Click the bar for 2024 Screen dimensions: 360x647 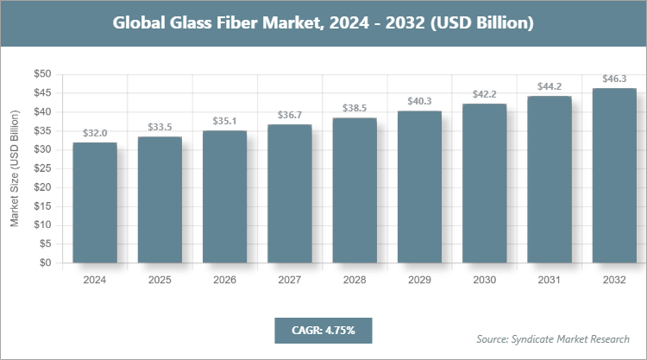pyautogui.click(x=94, y=204)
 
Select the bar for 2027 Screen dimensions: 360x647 pyautogui.click(x=289, y=194)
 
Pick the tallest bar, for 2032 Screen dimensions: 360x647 pyautogui.click(x=614, y=176)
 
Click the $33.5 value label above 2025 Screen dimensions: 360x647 pyautogui.click(x=160, y=128)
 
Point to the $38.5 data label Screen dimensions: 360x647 pyautogui.click(x=355, y=109)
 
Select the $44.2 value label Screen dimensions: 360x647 pyautogui.click(x=550, y=86)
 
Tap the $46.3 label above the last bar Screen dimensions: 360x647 pyautogui.click(x=614, y=79)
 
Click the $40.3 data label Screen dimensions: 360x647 pyautogui.click(x=419, y=102)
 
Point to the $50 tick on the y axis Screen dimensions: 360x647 pyautogui.click(x=41, y=74)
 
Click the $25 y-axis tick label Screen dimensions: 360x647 pyautogui.click(x=41, y=169)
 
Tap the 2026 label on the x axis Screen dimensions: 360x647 pyautogui.click(x=224, y=281)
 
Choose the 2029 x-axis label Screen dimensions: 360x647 pyautogui.click(x=419, y=281)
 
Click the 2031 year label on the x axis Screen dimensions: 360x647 pyautogui.click(x=550, y=281)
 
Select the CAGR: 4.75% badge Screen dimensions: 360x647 pyautogui.click(x=323, y=330)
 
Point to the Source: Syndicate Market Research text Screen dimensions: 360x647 pyautogui.click(x=552, y=338)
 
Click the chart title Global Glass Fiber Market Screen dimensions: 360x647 pyautogui.click(x=323, y=22)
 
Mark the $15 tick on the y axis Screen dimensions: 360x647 pyautogui.click(x=41, y=207)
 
